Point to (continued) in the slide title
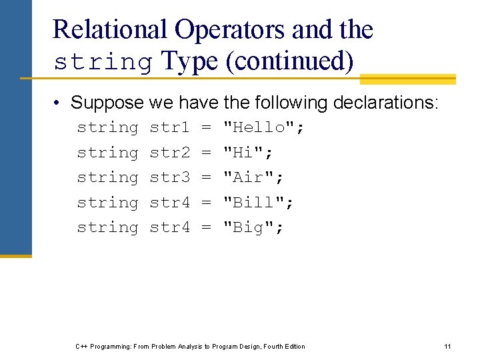[289, 61]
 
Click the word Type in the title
[189, 61]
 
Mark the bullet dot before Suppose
[59, 103]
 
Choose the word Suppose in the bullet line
[107, 103]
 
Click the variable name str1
[170, 127]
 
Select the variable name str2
[170, 153]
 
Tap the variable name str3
[170, 177]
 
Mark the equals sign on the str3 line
[206, 177]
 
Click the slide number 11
[447, 346]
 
